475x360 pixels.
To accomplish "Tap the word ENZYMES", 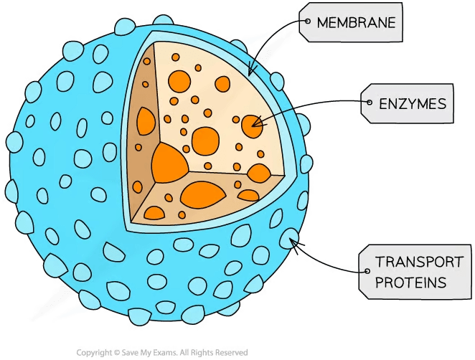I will pos(412,104).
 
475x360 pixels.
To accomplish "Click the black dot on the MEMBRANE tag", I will pos(308,23).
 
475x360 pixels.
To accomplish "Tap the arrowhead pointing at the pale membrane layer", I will pos(250,71).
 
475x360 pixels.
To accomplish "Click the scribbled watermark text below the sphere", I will pos(162,351).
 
